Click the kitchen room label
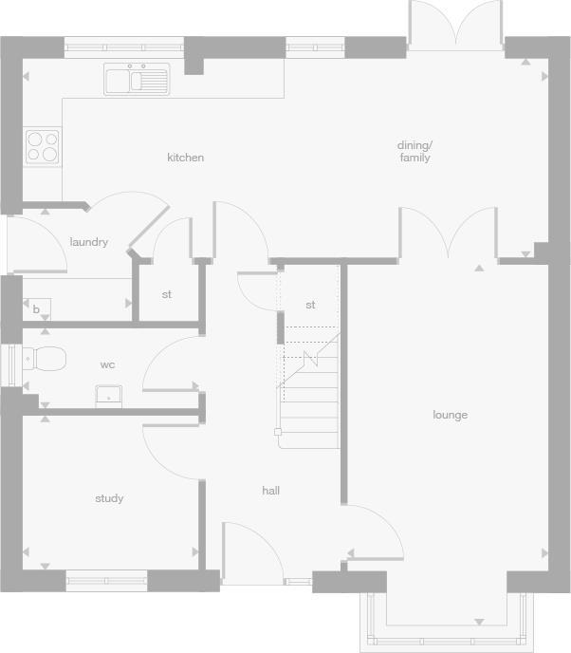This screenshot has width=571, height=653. click(185, 158)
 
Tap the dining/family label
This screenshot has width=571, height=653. click(414, 152)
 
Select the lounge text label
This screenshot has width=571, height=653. click(450, 415)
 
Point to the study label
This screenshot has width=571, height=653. click(109, 498)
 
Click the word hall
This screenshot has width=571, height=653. click(271, 491)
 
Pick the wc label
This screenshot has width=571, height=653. click(108, 364)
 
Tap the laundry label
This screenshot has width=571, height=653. click(88, 242)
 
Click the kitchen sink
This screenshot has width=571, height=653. click(136, 80)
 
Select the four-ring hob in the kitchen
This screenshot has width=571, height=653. click(42, 146)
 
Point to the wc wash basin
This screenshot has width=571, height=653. click(110, 395)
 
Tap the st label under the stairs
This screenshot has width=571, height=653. click(310, 305)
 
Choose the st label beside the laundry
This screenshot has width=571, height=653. click(166, 294)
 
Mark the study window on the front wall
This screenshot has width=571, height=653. click(106, 580)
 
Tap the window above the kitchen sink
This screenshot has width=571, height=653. click(123, 47)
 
